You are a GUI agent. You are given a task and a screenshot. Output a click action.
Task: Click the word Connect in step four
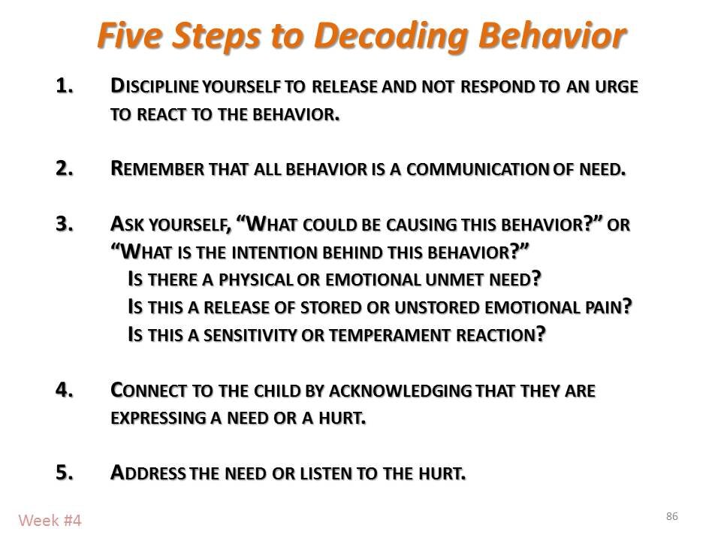tap(147, 391)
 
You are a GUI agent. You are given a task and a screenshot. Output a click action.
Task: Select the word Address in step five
tap(144, 473)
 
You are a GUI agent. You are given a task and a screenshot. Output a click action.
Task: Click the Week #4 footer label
tap(50, 519)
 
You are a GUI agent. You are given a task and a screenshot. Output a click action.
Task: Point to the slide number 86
tap(671, 515)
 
